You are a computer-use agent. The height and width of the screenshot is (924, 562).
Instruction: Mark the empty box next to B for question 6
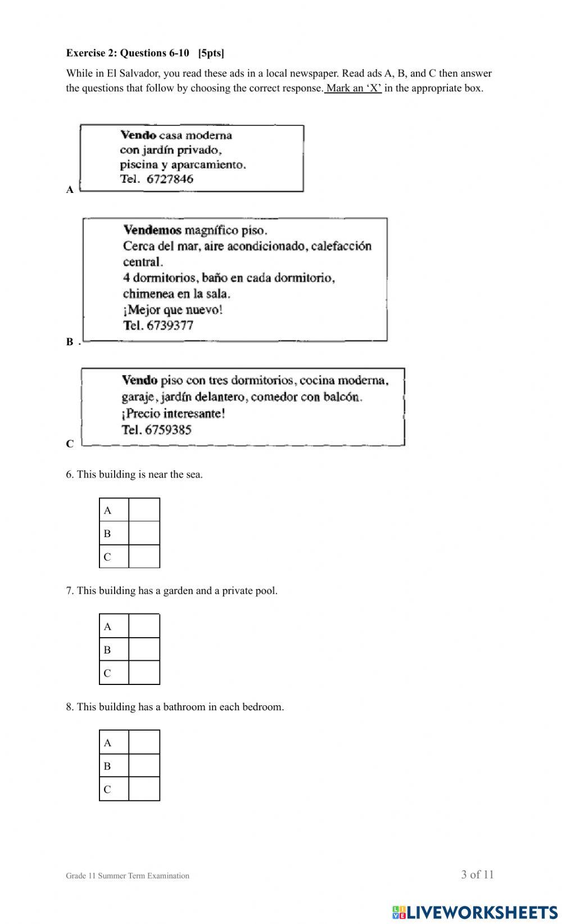coord(144,533)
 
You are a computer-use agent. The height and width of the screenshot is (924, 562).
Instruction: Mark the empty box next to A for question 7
coord(144,626)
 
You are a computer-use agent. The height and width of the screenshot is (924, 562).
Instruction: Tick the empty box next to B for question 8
coord(144,765)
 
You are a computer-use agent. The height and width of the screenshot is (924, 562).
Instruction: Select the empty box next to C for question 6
coord(144,557)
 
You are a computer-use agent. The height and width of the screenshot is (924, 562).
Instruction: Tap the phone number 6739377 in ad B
coord(170,326)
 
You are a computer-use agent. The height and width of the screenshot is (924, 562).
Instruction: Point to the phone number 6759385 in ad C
coord(168,430)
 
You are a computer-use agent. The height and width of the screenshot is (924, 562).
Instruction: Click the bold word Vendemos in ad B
coord(152,230)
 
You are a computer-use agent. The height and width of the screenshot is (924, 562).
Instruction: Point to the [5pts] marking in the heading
coord(211,53)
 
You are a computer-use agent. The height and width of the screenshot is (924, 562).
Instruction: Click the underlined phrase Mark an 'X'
coord(353,88)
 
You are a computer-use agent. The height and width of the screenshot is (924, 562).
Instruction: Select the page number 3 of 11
coord(477,875)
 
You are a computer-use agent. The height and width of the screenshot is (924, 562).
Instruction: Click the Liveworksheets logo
coord(475,912)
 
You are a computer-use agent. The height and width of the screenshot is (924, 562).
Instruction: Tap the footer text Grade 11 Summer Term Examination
coord(128,876)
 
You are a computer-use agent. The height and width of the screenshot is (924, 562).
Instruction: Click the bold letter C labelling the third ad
coord(70,444)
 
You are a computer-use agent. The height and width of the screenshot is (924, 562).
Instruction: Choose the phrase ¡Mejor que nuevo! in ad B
coord(173,310)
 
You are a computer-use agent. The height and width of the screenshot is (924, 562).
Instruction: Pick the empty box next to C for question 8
coord(144,788)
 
